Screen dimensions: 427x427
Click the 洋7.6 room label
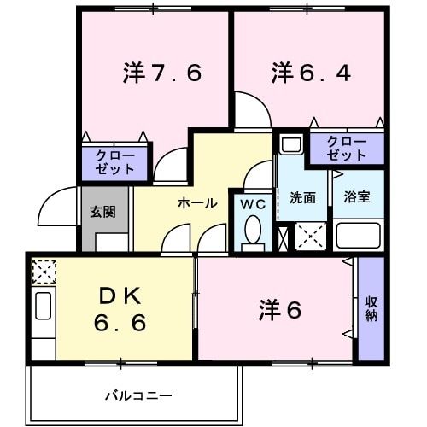coord(161,73)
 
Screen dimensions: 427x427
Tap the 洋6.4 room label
coord(311,73)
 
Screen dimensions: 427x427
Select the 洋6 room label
coord(279,311)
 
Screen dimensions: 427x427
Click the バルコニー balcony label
coord(139,396)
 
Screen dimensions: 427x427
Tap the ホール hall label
coord(197,203)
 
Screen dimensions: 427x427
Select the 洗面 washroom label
coord(302,197)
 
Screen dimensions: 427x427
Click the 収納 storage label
coord(371,308)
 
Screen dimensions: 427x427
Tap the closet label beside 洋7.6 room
coord(114,161)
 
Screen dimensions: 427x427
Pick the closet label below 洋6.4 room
coord(346,148)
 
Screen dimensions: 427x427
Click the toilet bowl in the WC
coord(253,230)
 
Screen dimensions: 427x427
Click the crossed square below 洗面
coord(310,236)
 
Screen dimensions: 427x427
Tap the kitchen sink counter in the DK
coord(43,318)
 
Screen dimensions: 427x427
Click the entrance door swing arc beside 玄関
coord(56,205)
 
